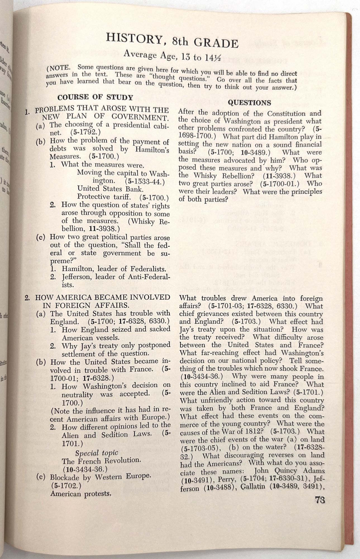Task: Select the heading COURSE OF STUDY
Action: (x=95, y=98)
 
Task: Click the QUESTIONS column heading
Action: (x=249, y=103)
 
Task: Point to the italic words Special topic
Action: (x=96, y=453)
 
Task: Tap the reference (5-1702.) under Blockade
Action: (x=66, y=486)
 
